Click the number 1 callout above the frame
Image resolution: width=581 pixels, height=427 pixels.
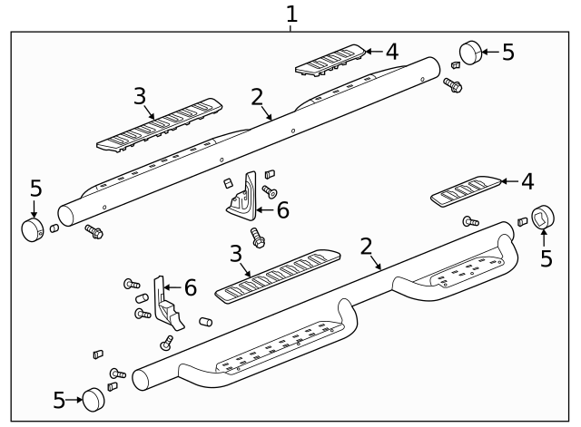tap(291, 14)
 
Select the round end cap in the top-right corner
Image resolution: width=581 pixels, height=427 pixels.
tap(469, 53)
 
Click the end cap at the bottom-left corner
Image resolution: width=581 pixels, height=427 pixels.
tap(94, 398)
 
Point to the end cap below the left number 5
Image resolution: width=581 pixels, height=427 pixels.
tap(34, 228)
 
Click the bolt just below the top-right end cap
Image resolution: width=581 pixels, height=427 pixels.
tap(453, 85)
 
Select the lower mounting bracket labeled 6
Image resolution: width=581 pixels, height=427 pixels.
tap(167, 302)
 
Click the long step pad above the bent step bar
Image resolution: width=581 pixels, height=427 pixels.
tap(277, 276)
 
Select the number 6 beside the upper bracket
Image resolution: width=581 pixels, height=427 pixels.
tap(282, 210)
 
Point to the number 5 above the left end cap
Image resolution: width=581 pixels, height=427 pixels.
tap(35, 188)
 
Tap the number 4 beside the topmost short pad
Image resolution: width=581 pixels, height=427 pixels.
tap(391, 52)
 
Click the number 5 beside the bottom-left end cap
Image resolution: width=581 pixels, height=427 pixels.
tap(59, 400)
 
